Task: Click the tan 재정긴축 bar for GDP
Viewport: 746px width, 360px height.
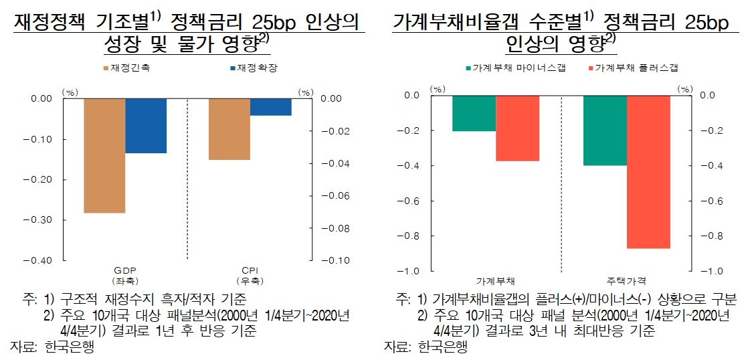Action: (x=104, y=155)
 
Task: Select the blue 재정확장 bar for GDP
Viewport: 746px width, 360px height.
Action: (x=146, y=126)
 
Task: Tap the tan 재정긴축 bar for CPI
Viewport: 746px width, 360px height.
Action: (x=229, y=129)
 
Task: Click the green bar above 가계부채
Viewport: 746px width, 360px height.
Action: (x=474, y=113)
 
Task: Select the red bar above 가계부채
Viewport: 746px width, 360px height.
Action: (x=517, y=128)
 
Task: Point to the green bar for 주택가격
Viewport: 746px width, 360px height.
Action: (x=605, y=130)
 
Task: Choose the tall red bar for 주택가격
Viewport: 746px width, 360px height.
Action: (x=648, y=172)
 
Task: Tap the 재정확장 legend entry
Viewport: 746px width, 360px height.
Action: (x=252, y=68)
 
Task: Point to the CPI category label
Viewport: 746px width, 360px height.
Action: (x=250, y=270)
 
